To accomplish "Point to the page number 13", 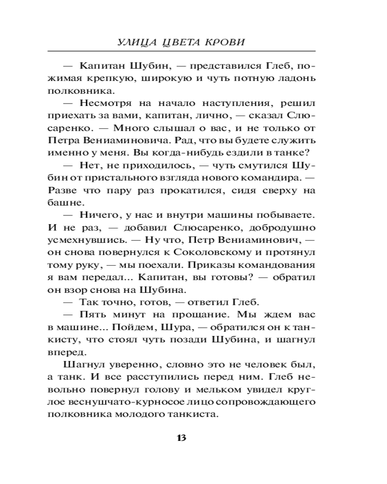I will coord(181,438).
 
